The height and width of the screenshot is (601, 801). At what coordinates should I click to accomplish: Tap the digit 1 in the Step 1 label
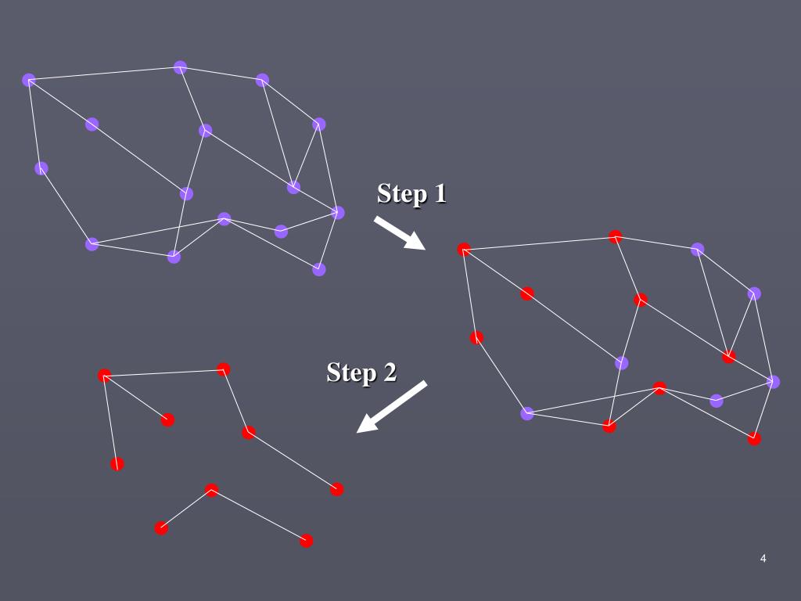[x=439, y=193]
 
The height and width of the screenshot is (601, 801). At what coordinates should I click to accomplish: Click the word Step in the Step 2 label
[x=350, y=372]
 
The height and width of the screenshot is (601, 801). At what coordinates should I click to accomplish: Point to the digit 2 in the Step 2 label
[x=388, y=372]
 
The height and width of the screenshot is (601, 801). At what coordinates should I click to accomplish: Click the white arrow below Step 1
[x=399, y=233]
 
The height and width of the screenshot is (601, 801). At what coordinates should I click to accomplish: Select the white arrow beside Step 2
[x=391, y=407]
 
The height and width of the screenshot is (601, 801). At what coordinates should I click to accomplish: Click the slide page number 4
[x=763, y=558]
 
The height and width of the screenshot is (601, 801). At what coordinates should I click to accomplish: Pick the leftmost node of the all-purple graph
[x=29, y=80]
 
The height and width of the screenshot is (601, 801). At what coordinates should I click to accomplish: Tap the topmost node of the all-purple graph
[x=181, y=67]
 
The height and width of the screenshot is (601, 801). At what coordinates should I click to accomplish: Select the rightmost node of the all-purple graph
[x=338, y=212]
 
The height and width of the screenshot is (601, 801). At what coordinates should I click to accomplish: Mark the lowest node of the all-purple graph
[x=319, y=269]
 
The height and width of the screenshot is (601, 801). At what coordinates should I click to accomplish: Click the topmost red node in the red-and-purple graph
[x=616, y=236]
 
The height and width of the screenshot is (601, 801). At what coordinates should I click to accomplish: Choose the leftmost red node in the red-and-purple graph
[x=464, y=250]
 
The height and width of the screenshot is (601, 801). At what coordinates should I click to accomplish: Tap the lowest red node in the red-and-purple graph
[x=754, y=438]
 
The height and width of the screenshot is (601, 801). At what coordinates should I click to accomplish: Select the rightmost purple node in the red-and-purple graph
[x=773, y=382]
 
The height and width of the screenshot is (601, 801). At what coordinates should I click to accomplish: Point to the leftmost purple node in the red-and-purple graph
[x=527, y=413]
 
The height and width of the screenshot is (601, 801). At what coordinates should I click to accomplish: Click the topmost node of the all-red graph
[x=224, y=369]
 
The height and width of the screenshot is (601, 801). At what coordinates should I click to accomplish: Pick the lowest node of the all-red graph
[x=307, y=541]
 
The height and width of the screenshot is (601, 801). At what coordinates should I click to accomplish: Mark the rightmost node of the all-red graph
[x=337, y=489]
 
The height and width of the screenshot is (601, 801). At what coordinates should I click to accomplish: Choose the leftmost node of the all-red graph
[x=105, y=376]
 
